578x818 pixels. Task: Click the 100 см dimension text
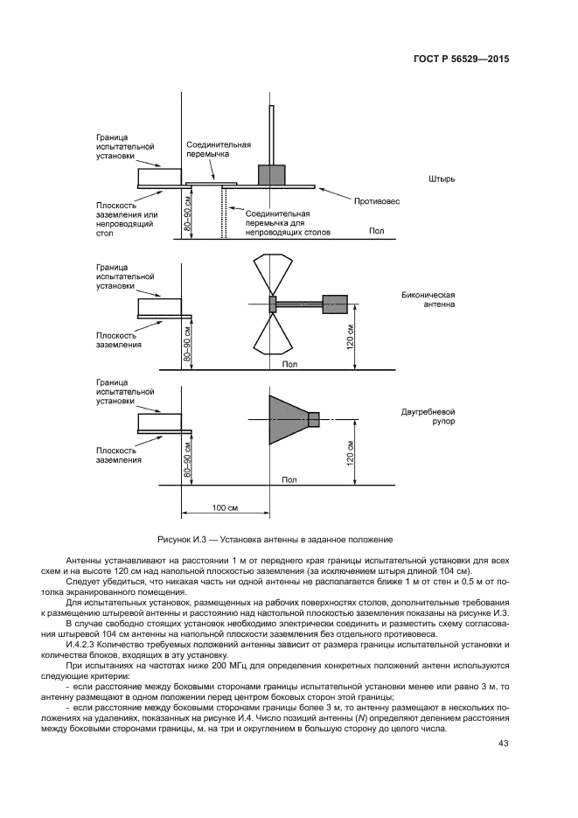point(226,507)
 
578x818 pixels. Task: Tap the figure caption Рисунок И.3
point(275,539)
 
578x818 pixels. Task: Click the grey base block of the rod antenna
point(271,173)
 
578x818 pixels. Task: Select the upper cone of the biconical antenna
point(270,273)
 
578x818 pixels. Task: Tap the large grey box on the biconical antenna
point(335,304)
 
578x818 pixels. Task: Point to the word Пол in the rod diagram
point(375,231)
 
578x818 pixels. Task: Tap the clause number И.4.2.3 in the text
point(82,646)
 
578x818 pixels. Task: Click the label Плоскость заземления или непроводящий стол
point(125,220)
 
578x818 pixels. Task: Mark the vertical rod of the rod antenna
point(271,136)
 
